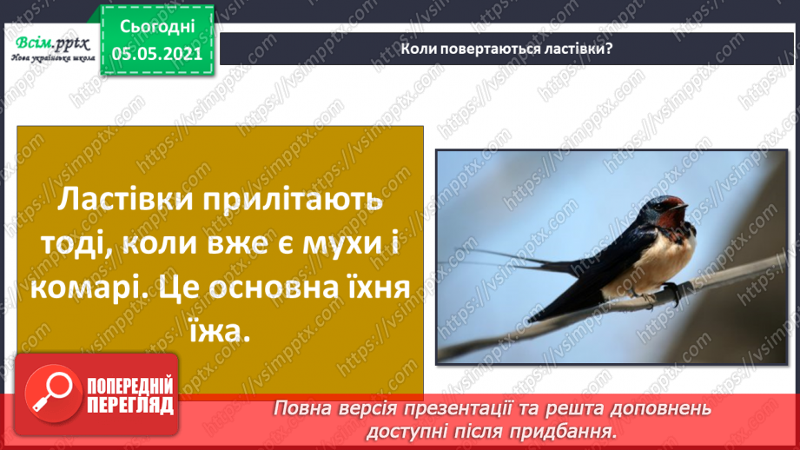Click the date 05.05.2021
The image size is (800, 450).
pos(156,54)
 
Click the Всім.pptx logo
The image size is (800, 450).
pos(50,44)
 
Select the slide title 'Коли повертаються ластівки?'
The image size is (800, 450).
pos(507,48)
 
